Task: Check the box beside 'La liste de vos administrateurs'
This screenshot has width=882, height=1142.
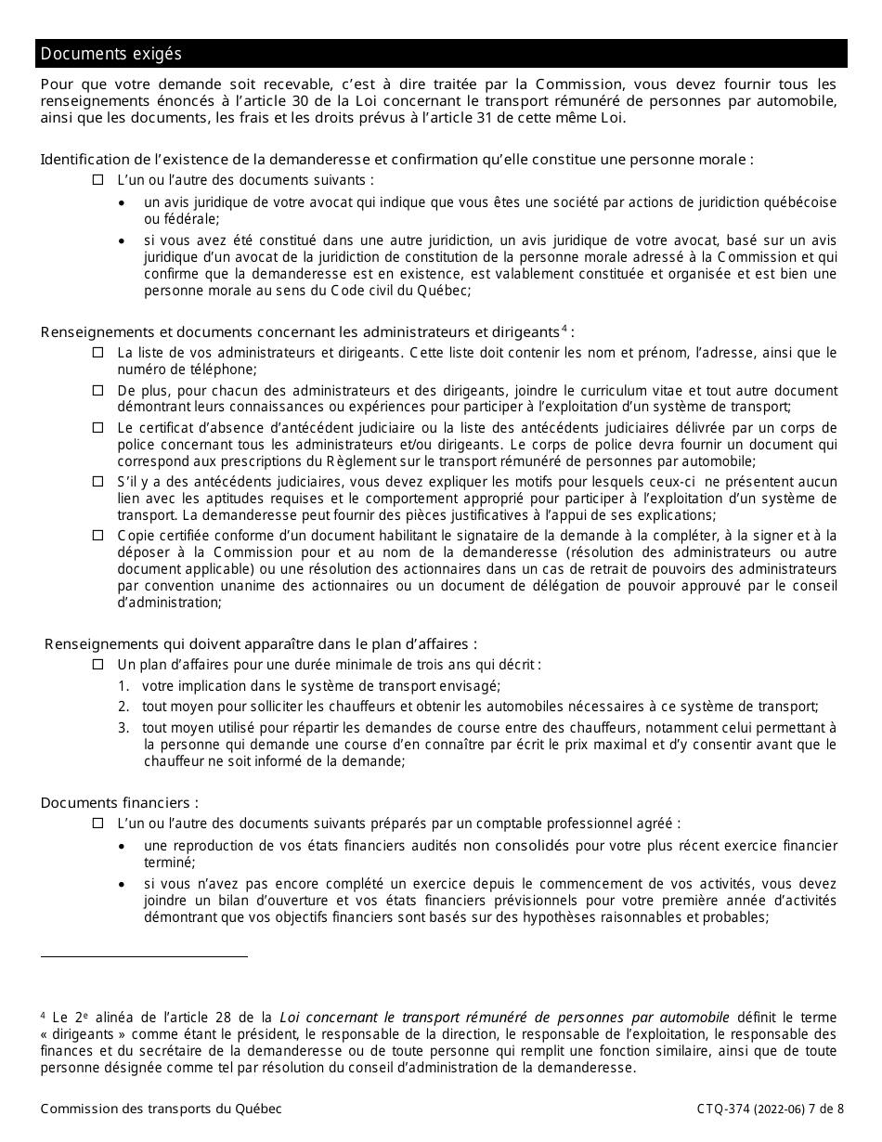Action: click(x=98, y=353)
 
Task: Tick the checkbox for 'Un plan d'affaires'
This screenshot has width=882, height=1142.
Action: click(x=98, y=665)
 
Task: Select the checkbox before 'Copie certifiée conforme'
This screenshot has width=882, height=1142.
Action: click(x=98, y=536)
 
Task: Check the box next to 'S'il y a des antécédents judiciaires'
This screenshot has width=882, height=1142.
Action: click(x=98, y=482)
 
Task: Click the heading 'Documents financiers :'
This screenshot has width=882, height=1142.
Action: click(x=119, y=803)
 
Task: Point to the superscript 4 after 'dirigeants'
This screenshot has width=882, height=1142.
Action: click(x=564, y=328)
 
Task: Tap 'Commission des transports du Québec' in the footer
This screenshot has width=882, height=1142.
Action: click(x=161, y=1110)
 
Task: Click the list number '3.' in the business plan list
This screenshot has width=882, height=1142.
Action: click(x=123, y=729)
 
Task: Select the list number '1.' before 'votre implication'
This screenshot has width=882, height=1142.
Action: click(x=123, y=686)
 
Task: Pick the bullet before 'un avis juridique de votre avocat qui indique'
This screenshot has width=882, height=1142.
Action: click(x=123, y=203)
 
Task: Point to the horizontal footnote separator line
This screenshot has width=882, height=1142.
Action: click(x=144, y=956)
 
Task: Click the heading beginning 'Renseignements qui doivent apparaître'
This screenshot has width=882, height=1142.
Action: click(x=261, y=644)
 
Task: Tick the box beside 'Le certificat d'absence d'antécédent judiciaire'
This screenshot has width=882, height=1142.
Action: click(x=98, y=428)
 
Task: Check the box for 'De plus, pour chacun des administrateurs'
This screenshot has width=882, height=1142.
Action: click(x=98, y=391)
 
